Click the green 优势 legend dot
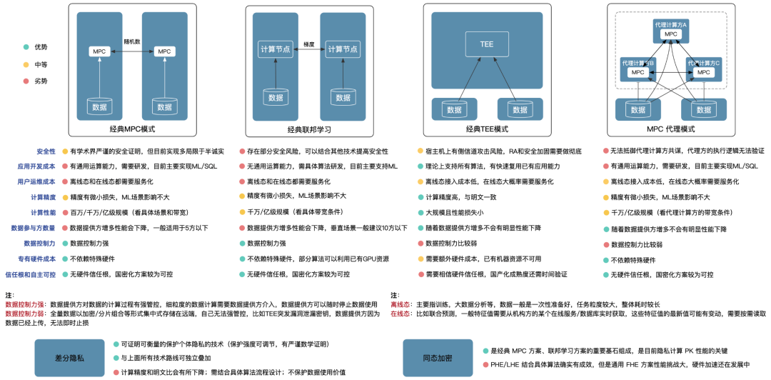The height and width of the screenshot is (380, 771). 26,47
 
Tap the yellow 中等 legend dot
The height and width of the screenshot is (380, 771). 26,64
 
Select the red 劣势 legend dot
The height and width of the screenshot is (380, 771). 26,81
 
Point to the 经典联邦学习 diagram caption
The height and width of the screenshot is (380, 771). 309,130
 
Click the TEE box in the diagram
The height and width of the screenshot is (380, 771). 486,44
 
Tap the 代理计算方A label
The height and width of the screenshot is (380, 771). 670,25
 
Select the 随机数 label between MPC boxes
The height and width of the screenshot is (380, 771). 131,42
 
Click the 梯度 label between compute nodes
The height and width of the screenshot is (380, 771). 308,44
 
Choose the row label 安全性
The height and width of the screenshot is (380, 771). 46,151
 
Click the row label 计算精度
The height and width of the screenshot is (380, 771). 43,197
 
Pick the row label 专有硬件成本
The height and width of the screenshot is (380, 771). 36,259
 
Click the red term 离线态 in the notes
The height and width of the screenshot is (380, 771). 399,304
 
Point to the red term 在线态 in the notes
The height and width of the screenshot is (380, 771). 399,313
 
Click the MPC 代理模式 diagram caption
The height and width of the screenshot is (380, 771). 670,129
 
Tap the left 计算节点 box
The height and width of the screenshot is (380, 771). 274,49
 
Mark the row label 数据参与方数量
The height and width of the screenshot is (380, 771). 33,228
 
